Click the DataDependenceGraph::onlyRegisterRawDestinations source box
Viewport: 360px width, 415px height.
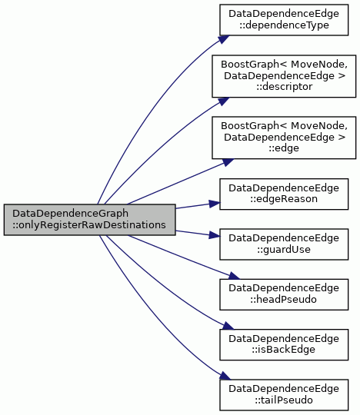(x=89, y=219)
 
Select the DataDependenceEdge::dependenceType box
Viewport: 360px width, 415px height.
(x=284, y=19)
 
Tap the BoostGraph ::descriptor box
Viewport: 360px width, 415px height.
(x=284, y=76)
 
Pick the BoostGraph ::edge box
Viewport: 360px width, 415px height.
(x=284, y=138)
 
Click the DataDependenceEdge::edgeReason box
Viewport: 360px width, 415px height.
(x=284, y=194)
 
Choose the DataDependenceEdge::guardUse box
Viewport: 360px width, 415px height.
(x=284, y=244)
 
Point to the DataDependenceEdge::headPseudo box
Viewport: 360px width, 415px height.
(x=284, y=294)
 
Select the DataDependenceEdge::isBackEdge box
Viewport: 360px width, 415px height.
(x=284, y=344)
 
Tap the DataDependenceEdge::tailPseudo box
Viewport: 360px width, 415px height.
(x=284, y=394)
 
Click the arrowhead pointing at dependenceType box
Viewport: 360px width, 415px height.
(x=224, y=39)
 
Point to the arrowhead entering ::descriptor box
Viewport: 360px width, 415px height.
(x=224, y=101)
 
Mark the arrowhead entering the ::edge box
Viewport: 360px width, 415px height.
(x=228, y=162)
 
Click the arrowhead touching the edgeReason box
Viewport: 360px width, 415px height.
(x=215, y=204)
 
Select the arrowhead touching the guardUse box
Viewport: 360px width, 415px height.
(x=215, y=234)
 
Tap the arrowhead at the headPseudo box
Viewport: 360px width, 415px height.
(x=234, y=276)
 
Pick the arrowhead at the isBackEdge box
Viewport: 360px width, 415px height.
(x=228, y=326)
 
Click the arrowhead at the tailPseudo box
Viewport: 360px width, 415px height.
(x=225, y=376)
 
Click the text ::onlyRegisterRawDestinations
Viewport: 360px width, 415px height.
(x=89, y=225)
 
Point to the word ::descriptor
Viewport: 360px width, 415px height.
(x=284, y=87)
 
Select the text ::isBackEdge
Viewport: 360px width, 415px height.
(x=284, y=350)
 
